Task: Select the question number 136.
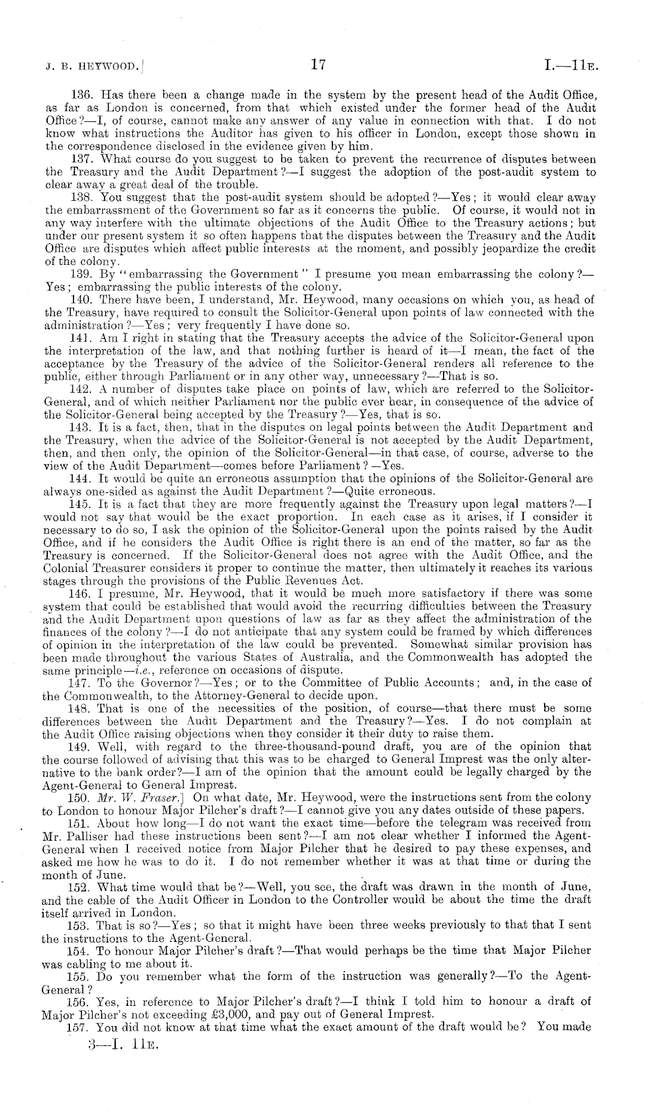[x=80, y=94]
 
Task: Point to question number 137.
[x=80, y=160]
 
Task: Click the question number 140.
[x=80, y=300]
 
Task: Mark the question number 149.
[x=80, y=746]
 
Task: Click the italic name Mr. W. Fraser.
[x=144, y=797]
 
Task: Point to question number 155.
[x=80, y=975]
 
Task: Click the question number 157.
[x=80, y=1027]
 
